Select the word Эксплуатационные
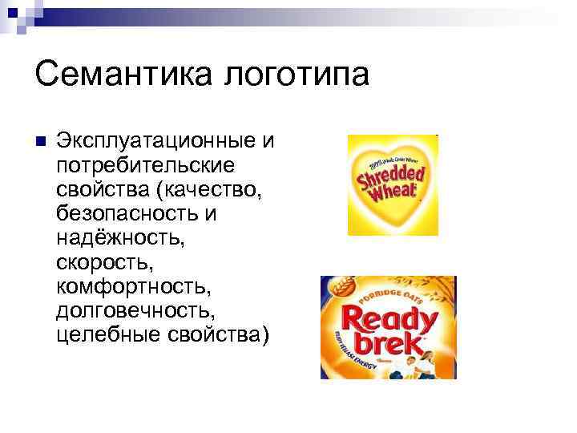click(x=157, y=142)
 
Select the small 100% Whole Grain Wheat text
click(x=389, y=157)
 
